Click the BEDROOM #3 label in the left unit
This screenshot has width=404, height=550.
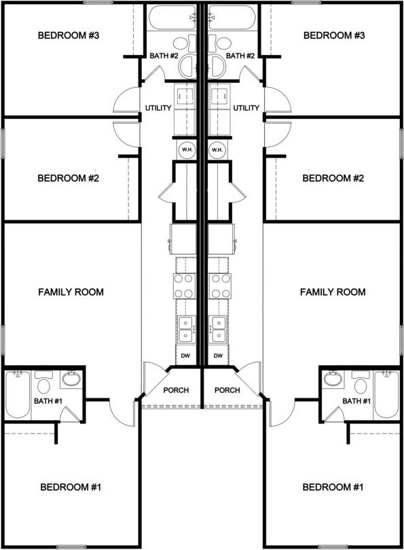tap(69, 35)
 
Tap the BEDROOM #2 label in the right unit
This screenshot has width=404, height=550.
tap(333, 178)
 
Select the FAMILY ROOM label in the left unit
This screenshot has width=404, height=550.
tap(71, 292)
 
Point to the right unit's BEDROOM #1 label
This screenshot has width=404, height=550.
tap(333, 487)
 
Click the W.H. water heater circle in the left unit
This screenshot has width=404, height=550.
tap(186, 150)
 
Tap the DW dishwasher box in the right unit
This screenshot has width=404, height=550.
tap(218, 356)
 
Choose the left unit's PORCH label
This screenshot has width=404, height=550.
tap(176, 390)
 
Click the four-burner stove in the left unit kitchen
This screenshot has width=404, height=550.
tap(185, 286)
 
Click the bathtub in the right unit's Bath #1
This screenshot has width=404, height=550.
tap(386, 394)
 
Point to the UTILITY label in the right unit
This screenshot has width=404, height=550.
tap(246, 108)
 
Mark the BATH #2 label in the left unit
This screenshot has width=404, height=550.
tap(164, 56)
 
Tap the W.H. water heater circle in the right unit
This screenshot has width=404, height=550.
tap(217, 150)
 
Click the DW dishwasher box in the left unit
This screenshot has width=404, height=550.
tap(185, 356)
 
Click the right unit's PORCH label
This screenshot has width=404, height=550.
tap(227, 390)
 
